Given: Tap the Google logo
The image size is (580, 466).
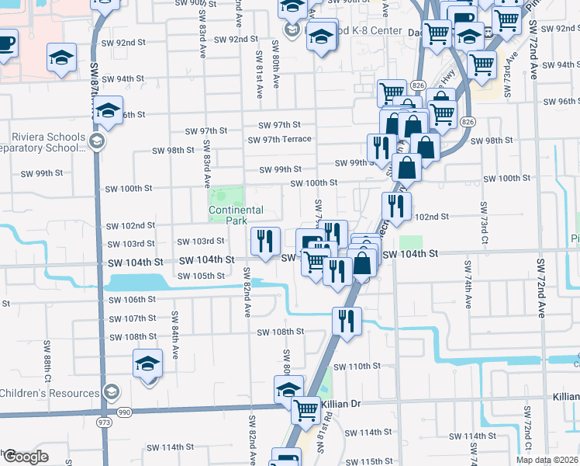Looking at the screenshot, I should click(x=26, y=456).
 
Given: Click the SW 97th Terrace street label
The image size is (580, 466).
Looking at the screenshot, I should click(x=279, y=140).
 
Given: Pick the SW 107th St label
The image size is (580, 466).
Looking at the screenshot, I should click(x=132, y=318).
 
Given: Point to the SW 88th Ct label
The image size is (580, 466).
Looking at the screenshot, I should click(x=47, y=363).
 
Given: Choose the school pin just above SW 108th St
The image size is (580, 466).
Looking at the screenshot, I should click(x=147, y=364).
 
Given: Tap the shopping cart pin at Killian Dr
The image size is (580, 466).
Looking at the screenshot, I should click(x=306, y=409).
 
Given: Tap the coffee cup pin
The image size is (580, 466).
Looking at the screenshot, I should click(x=5, y=43).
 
